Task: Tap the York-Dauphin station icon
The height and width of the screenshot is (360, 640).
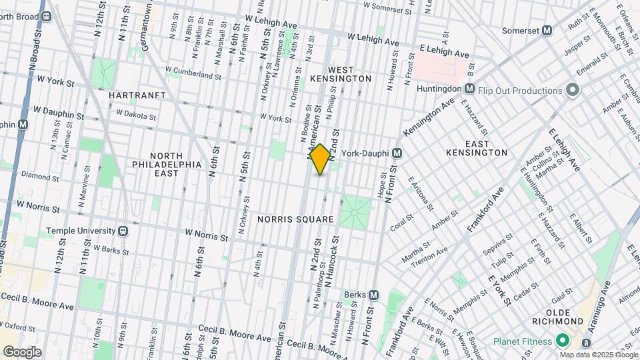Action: [x=397, y=153]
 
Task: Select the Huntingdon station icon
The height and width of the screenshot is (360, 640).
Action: [x=469, y=89]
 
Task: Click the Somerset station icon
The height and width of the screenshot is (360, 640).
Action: [x=547, y=30]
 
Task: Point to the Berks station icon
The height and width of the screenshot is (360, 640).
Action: [x=373, y=295]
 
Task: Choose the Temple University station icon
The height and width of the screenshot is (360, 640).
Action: [x=123, y=231]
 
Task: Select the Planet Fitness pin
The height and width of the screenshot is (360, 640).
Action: [x=562, y=341]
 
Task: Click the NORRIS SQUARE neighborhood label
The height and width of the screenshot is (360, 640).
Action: [x=295, y=219]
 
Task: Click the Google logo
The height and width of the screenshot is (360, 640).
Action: [x=22, y=351]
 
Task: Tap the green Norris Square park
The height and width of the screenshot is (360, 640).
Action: [x=355, y=211]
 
